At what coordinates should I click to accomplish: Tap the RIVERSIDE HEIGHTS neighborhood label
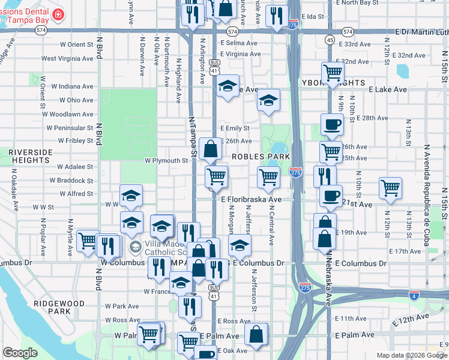pos(29,156)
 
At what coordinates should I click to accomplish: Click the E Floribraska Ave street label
pos(252,199)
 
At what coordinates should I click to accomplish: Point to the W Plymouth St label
pos(166,161)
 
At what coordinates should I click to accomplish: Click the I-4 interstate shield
pos(414,294)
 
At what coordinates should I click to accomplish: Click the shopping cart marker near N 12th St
pos(390,188)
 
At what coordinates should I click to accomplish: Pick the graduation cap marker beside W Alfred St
pos(131,195)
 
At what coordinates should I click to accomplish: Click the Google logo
pos(20,353)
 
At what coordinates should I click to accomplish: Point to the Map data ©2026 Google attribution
pos(412,355)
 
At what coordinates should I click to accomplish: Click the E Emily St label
pos(235,128)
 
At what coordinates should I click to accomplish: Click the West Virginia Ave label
pos(67,59)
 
